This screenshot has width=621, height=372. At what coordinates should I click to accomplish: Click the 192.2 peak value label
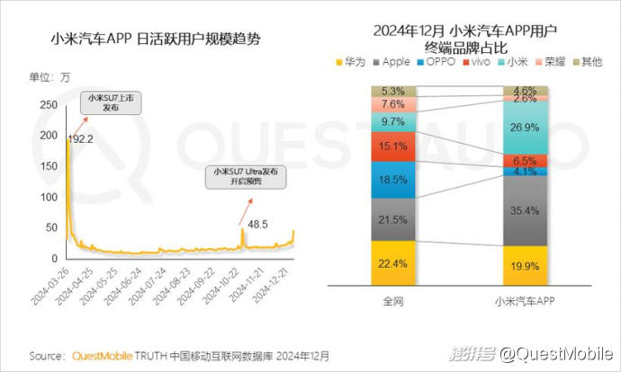(85, 139)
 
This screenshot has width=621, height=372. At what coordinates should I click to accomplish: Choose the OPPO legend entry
(440, 62)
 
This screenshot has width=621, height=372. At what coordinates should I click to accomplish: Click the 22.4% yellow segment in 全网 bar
(392, 262)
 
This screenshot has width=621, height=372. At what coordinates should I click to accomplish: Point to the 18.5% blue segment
(392, 180)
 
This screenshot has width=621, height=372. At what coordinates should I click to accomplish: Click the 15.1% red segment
(392, 146)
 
